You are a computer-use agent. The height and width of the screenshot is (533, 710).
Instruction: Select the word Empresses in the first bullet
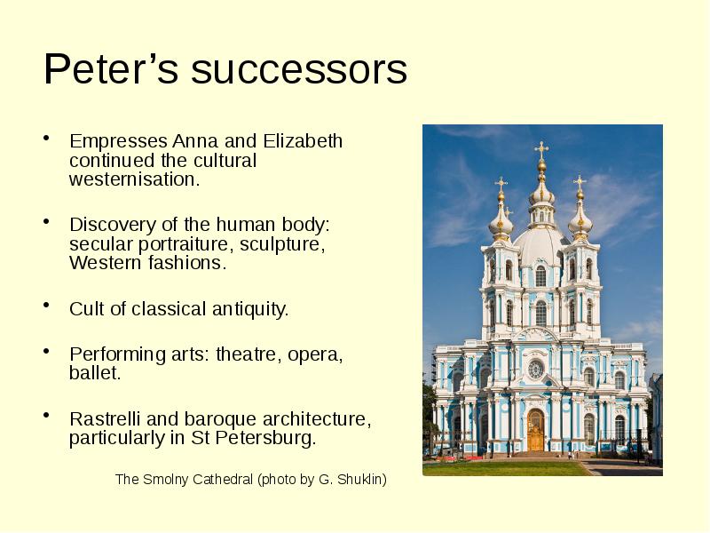119,142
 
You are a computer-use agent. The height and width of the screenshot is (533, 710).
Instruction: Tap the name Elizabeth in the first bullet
304,142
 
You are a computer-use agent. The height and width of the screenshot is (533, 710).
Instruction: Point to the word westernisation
134,179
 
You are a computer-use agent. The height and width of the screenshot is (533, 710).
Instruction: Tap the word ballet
94,373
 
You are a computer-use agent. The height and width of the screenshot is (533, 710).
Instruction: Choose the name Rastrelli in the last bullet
106,419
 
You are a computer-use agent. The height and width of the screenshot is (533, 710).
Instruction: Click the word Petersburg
271,438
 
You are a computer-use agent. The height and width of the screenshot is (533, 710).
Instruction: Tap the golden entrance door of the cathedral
535,431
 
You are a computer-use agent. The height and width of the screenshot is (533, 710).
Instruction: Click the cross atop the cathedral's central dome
540,149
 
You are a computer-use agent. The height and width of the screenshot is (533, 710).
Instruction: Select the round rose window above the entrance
536,369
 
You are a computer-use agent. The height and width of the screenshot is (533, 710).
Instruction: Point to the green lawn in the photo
497,467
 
